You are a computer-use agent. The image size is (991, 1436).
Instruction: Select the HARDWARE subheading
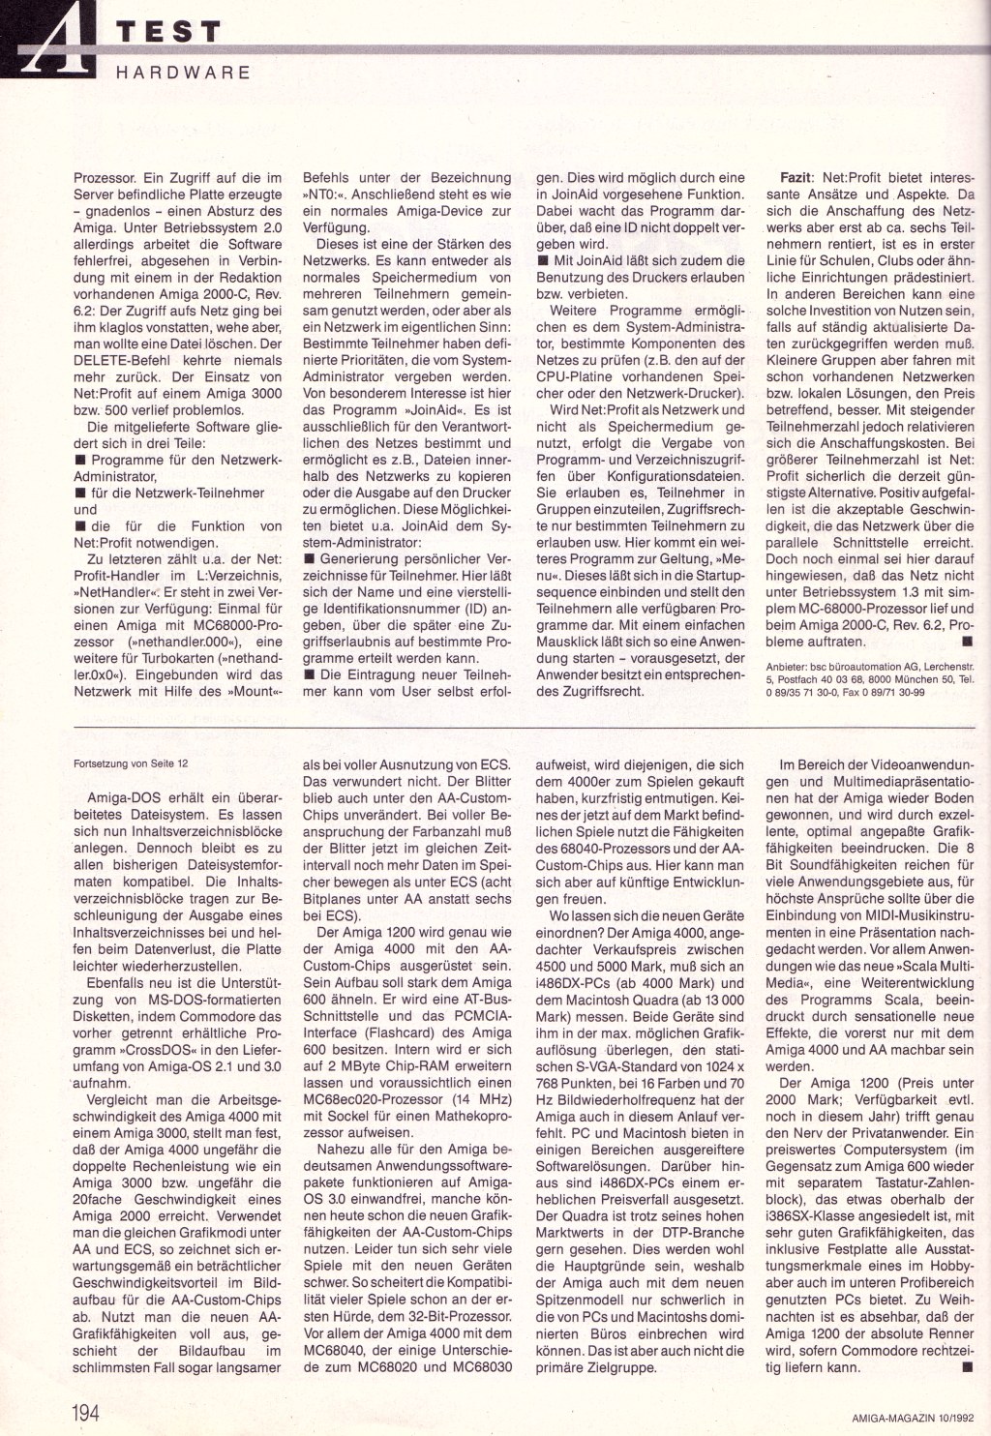[x=183, y=72]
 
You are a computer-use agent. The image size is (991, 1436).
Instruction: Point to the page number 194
[x=84, y=1412]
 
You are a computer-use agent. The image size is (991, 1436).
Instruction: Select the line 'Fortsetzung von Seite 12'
[x=131, y=763]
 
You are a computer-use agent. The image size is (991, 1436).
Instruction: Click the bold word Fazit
[x=798, y=178]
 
